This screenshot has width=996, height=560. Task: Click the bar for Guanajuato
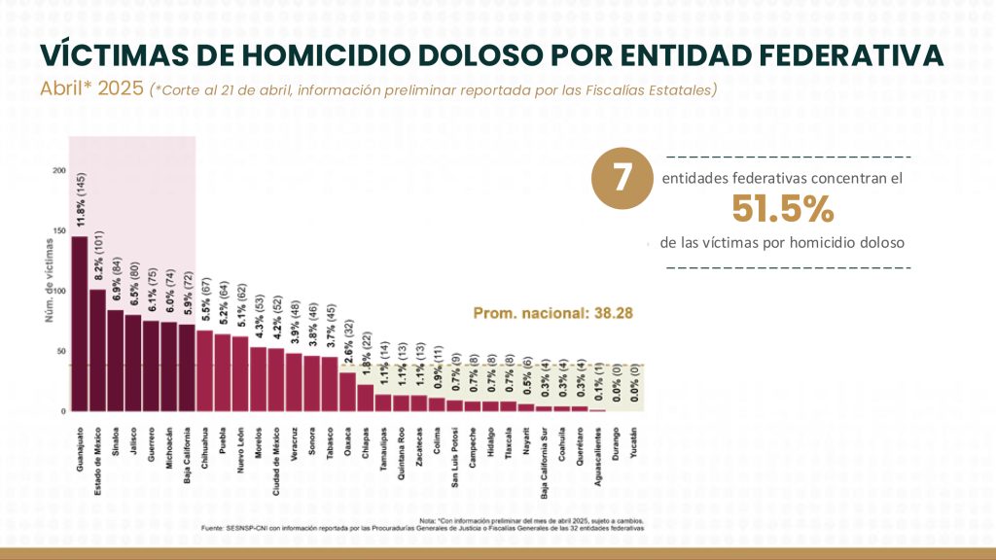79,324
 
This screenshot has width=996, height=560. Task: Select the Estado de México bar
97,350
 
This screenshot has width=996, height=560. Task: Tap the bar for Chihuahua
204,370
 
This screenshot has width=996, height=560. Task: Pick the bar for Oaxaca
347,391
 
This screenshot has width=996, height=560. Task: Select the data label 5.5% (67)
205,297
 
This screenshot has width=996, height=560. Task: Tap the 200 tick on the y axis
59,171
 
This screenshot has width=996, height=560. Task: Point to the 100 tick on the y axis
59,291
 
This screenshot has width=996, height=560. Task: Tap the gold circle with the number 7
622,178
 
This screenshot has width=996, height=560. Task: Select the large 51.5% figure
783,208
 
